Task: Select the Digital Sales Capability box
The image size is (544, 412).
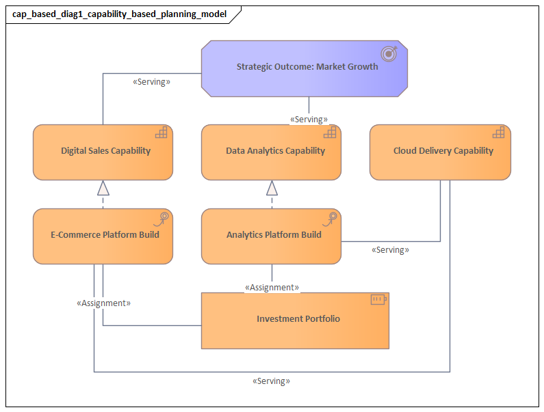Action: pos(103,152)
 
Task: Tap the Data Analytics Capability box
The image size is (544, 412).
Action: pos(271,152)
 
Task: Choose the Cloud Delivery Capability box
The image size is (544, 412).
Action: pos(440,152)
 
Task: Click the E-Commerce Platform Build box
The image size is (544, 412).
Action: pos(103,236)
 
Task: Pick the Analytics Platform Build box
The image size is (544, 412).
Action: pos(271,236)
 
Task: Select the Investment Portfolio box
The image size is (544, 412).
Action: pos(295,319)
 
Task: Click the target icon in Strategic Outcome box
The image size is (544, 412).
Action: pos(388,53)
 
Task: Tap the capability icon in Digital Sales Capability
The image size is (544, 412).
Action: pos(161,133)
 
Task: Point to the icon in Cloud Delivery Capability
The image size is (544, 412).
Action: pos(498,133)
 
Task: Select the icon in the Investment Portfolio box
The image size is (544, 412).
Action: pos(378,299)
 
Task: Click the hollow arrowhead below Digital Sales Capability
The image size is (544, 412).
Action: pos(103,188)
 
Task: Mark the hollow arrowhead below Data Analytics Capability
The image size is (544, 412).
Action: pos(272,188)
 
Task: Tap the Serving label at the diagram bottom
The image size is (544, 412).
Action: pos(271,381)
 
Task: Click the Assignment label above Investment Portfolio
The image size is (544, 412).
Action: pos(272,288)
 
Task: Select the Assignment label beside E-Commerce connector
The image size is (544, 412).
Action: pos(103,303)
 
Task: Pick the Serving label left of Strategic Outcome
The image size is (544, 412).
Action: pos(151,82)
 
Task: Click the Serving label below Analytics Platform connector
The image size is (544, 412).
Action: pos(390,250)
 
